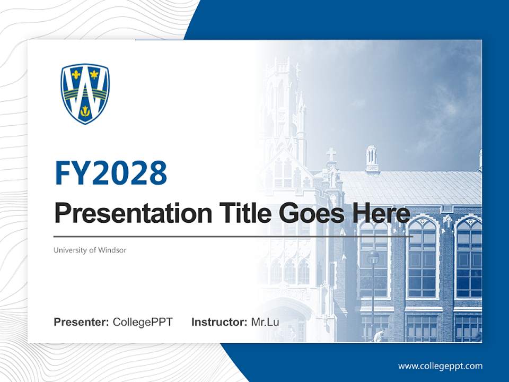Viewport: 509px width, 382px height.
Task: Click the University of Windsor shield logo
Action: click(85, 94)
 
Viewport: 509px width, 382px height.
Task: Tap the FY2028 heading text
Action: click(111, 173)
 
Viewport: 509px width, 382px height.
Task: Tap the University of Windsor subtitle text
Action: click(90, 250)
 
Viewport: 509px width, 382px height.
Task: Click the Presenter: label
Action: click(81, 322)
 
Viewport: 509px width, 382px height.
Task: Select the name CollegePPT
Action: click(143, 322)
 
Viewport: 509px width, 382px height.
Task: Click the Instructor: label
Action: click(219, 322)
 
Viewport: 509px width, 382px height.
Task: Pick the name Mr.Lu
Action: click(265, 322)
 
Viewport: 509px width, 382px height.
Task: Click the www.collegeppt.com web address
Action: click(440, 366)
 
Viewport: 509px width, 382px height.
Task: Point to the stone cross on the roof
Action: click(331, 154)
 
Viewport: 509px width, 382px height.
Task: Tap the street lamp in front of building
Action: click(373, 258)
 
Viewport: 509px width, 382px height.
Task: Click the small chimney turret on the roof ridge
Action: click(372, 158)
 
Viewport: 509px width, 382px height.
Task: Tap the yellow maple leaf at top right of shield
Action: click(94, 74)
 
